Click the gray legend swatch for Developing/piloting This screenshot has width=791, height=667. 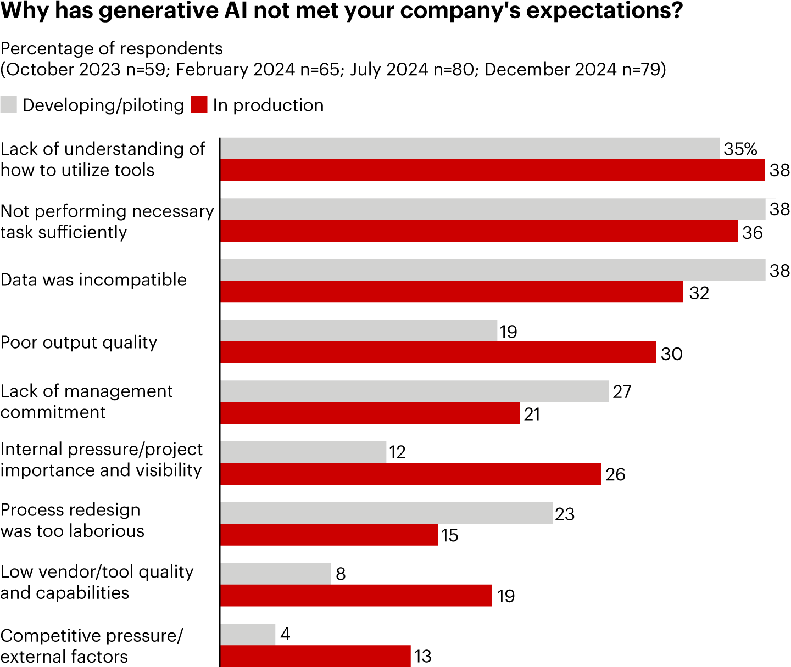tap(9, 104)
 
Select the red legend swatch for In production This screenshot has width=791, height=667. tap(199, 104)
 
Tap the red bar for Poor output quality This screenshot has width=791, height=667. tap(438, 352)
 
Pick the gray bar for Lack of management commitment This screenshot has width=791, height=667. tap(414, 391)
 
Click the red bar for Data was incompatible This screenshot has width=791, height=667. tap(452, 292)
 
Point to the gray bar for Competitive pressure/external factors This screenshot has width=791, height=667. tap(248, 634)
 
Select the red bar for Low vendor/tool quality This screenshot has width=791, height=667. tap(356, 596)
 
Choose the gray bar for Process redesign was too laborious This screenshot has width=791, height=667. tap(386, 513)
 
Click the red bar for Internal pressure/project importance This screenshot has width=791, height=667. tap(410, 474)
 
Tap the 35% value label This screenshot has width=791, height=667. tap(740, 149)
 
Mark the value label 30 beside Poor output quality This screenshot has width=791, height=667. tap(671, 354)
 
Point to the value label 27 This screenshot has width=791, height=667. tap(622, 392)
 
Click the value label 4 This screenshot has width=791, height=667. tap(285, 634)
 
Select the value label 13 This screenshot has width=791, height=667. tap(423, 656)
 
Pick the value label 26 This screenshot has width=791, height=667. tap(615, 474)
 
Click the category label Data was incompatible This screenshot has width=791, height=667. tap(93, 280)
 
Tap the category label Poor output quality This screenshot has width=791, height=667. tap(79, 343)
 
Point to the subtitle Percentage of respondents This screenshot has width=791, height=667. tap(112, 49)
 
